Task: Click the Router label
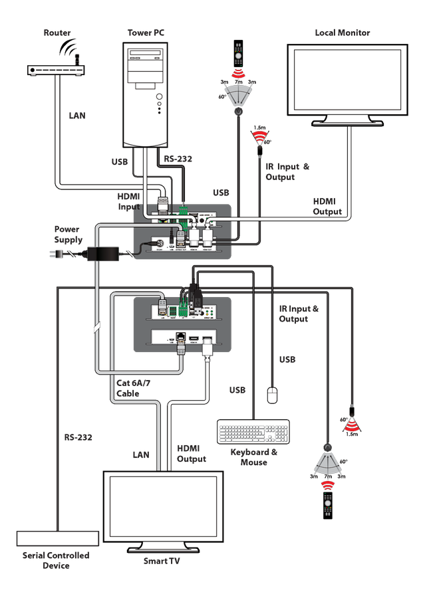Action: pyautogui.click(x=57, y=33)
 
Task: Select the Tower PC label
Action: pyautogui.click(x=146, y=33)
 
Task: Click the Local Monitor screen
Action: pyautogui.click(x=347, y=80)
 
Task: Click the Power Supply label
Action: pyautogui.click(x=69, y=235)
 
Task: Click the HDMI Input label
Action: pyautogui.click(x=129, y=202)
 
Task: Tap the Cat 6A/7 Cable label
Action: pyautogui.click(x=128, y=389)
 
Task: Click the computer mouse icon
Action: pyautogui.click(x=271, y=395)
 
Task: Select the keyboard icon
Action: pyautogui.click(x=253, y=431)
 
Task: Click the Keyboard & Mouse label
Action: pyautogui.click(x=254, y=457)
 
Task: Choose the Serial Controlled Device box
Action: pyautogui.click(x=57, y=538)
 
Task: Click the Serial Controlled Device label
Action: pyautogui.click(x=56, y=560)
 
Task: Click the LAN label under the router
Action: pyautogui.click(x=77, y=116)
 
